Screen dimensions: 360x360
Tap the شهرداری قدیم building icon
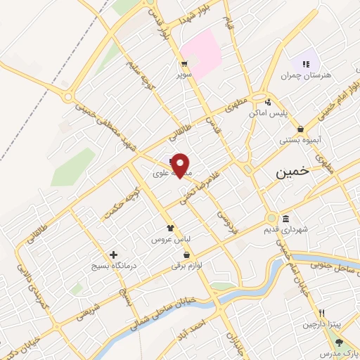(285, 218)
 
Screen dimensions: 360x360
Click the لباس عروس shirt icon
(169, 228)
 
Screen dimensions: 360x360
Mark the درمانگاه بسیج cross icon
(113, 255)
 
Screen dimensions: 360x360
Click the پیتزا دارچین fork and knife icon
(321, 313)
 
